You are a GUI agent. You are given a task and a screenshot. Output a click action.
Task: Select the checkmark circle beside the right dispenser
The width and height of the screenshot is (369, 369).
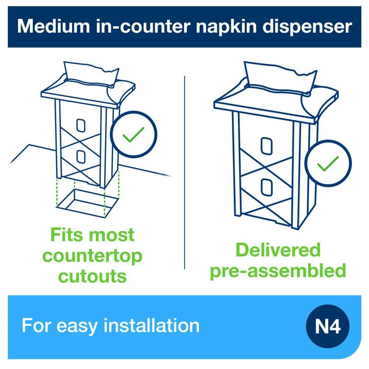[328, 162]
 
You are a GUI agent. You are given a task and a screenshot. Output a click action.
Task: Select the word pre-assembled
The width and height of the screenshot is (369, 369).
[278, 270]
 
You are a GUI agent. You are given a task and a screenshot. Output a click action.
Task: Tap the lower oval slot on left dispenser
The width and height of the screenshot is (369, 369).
[81, 157]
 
